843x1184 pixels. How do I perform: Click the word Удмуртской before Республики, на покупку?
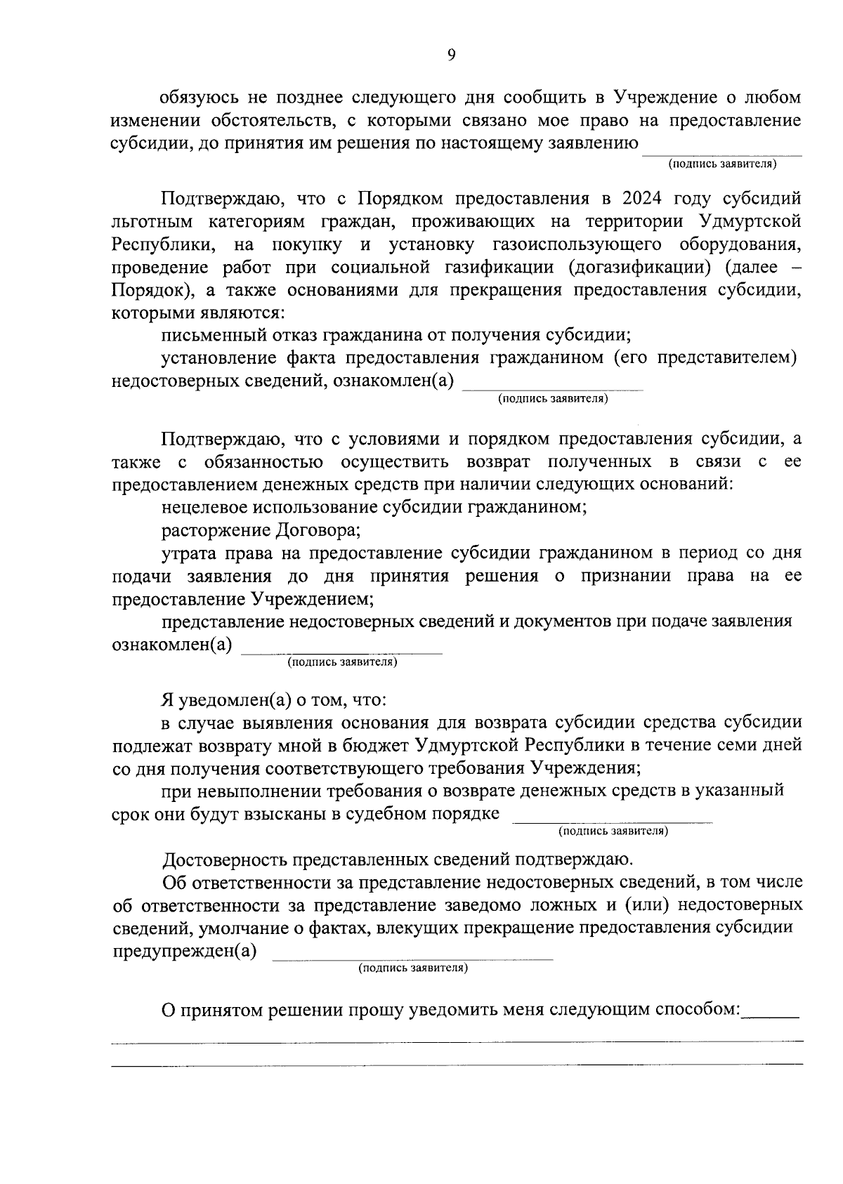click(751, 221)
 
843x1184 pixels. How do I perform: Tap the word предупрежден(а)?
click(185, 952)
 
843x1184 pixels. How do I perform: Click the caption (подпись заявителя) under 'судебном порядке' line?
click(613, 831)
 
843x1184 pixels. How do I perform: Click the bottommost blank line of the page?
click(457, 1064)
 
